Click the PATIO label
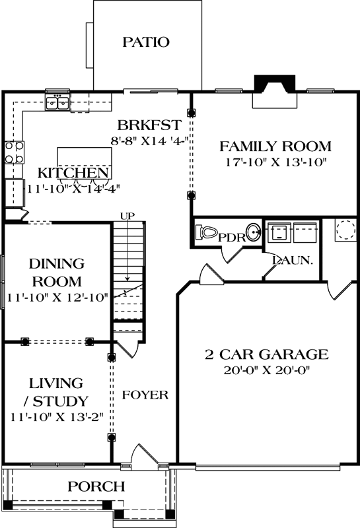point(146,42)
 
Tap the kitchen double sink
point(57,102)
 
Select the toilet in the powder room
point(207,233)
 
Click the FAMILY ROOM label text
point(275,147)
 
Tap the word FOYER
point(145,395)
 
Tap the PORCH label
point(96,487)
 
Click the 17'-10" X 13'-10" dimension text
point(275,162)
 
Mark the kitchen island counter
point(84,158)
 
